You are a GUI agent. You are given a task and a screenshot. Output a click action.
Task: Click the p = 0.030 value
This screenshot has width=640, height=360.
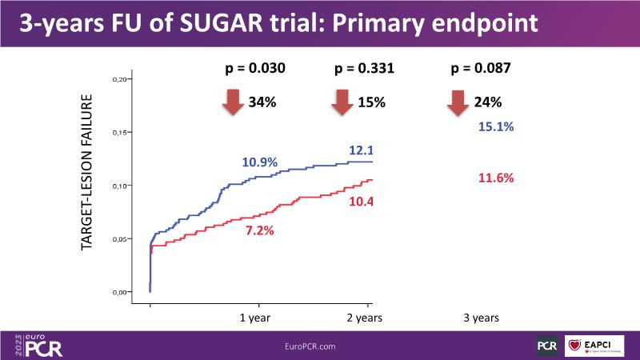pyautogui.click(x=256, y=69)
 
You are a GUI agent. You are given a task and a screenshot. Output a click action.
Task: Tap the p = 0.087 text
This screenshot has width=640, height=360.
pyautogui.click(x=482, y=69)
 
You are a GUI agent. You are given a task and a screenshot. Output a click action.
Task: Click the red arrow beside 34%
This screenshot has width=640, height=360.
pyautogui.click(x=234, y=102)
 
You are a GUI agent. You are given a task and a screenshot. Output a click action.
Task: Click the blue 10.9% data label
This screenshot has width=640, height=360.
pyautogui.click(x=259, y=162)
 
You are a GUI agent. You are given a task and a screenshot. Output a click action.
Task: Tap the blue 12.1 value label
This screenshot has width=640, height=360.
pyautogui.click(x=359, y=150)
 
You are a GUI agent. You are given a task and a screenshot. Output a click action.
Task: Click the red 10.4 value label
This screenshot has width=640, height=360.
pyautogui.click(x=359, y=200)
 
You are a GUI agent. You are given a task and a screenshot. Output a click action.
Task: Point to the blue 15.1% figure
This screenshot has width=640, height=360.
pyautogui.click(x=496, y=126)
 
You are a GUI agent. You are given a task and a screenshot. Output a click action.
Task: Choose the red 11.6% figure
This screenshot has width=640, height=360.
pyautogui.click(x=496, y=178)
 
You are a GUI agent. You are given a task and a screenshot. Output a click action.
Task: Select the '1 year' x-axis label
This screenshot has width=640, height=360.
pyautogui.click(x=258, y=318)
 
